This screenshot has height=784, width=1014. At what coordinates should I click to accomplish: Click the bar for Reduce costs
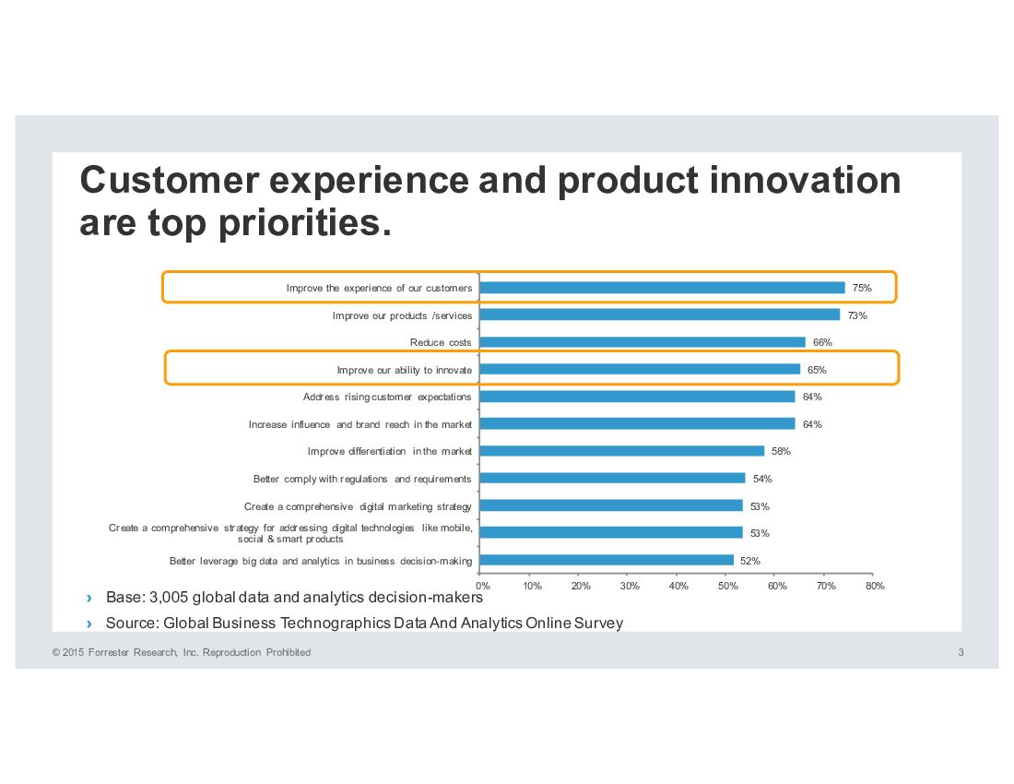pos(643,342)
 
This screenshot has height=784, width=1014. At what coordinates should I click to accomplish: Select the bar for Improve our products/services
pos(660,315)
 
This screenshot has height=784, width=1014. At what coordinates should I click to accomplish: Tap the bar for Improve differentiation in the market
pos(622,451)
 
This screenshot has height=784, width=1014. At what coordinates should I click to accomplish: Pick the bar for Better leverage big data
pos(607,560)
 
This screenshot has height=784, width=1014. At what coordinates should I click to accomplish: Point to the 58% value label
pos(781,452)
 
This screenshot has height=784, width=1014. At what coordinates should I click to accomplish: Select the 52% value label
pos(749,561)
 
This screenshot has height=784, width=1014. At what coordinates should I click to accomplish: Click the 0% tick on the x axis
pos(481,586)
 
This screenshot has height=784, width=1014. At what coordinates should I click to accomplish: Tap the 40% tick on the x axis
pos(678,586)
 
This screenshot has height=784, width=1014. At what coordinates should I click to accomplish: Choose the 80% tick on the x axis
pos(875,586)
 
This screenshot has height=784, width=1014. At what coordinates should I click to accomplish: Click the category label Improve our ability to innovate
pos(404,370)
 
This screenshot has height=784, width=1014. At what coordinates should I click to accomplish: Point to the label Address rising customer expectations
pos(387,398)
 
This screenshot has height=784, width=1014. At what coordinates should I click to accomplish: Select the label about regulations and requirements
pos(362,479)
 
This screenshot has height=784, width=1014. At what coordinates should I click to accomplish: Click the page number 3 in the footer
pos(961,653)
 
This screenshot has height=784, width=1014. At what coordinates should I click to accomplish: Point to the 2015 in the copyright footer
pos(74,653)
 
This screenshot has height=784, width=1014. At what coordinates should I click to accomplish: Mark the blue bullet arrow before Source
pos(88,624)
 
